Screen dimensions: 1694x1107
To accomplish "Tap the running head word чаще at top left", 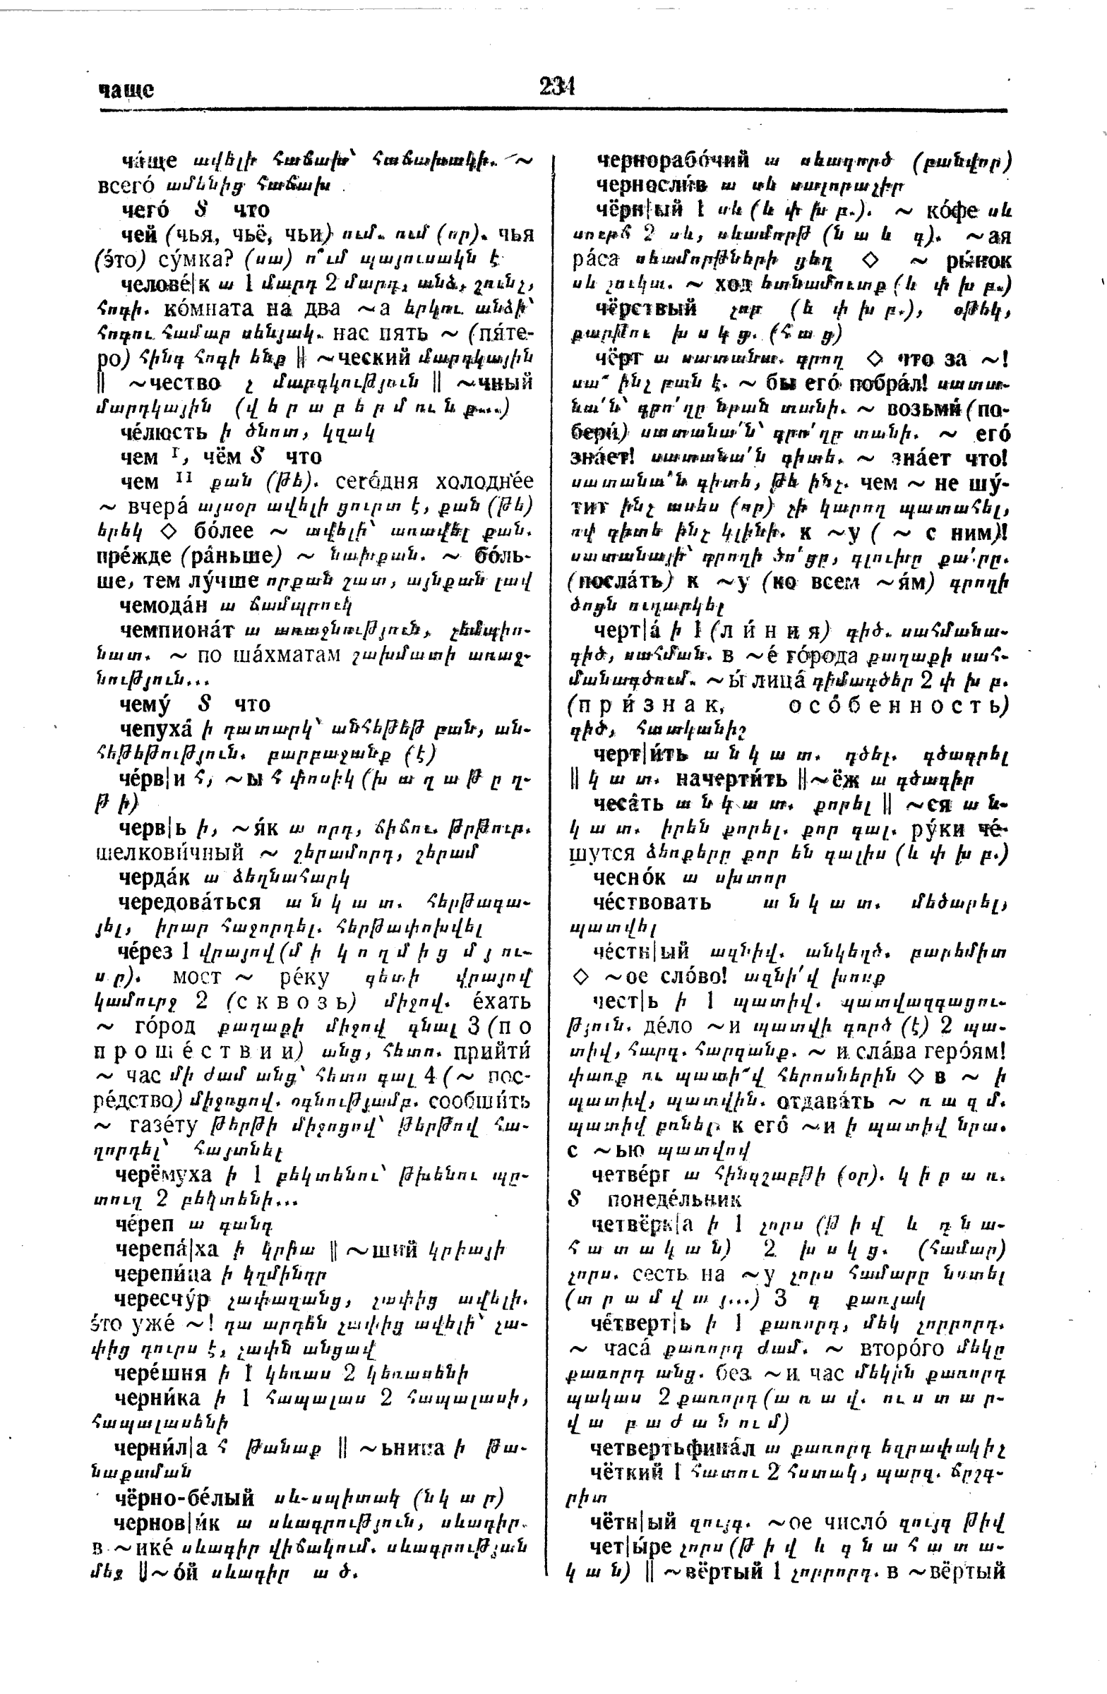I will pos(126,90).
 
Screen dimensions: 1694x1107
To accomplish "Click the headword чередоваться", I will pos(189,902).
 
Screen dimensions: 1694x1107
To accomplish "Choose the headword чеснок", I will pos(629,877).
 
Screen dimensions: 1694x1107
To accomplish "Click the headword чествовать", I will pos(652,902).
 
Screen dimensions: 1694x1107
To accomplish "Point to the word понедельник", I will pos(674,1199).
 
